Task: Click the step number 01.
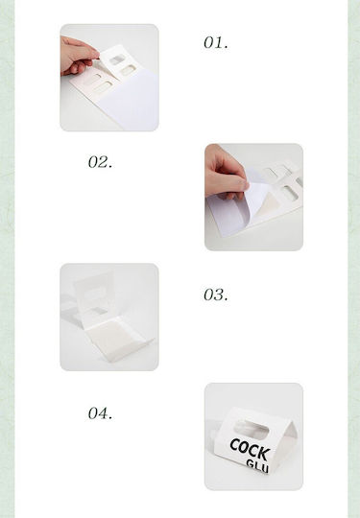click(216, 42)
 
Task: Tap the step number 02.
click(100, 162)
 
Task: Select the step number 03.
click(216, 294)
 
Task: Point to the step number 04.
click(100, 413)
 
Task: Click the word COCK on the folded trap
click(250, 449)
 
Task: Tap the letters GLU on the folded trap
click(257, 466)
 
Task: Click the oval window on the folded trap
click(251, 429)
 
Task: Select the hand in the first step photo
click(79, 57)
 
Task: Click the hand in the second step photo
click(226, 173)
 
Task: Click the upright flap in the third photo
click(95, 296)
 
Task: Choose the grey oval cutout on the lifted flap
click(117, 59)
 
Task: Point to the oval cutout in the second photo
click(291, 193)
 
